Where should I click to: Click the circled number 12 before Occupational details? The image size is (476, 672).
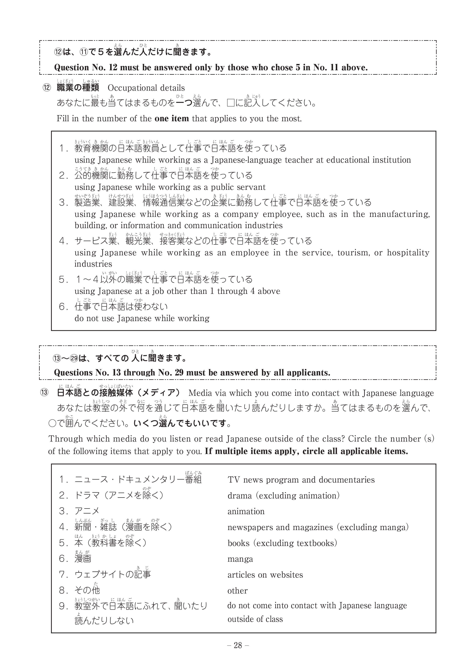tap(47, 88)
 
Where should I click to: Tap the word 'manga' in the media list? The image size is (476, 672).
tap(240, 559)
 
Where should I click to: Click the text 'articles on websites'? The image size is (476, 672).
tap(265, 575)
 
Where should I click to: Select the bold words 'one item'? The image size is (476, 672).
tap(172, 119)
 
